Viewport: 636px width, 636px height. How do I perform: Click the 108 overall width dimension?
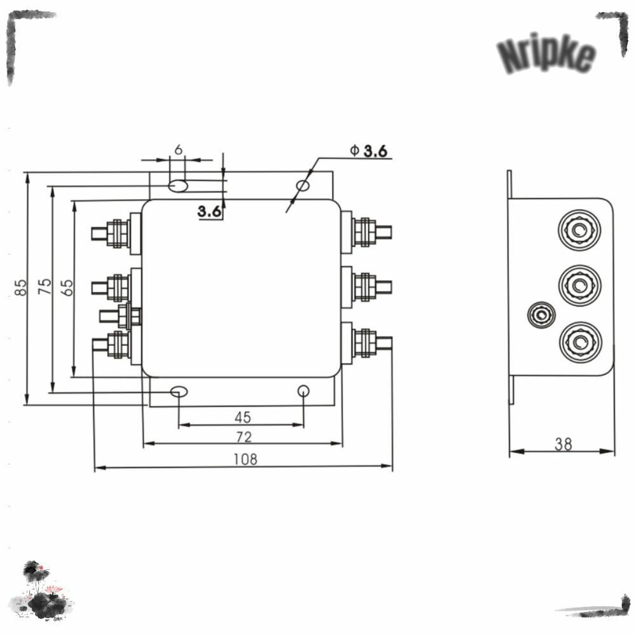tap(245, 459)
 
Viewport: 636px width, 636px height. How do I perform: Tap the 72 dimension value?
tap(244, 437)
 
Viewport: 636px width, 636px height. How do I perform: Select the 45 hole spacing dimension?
tap(242, 417)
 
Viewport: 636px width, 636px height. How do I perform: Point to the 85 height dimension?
tap(20, 287)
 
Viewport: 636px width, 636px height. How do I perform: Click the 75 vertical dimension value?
tap(45, 286)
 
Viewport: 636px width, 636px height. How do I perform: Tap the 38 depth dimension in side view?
tap(563, 445)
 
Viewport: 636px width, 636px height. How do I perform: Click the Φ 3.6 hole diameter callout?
tap(369, 151)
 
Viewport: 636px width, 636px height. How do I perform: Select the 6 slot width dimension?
tap(179, 149)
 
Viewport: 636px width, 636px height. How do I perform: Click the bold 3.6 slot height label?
tap(209, 211)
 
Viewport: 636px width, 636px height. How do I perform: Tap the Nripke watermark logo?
tap(546, 53)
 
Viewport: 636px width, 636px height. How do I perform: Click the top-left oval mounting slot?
tap(178, 186)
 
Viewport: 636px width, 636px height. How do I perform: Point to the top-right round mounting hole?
tap(303, 186)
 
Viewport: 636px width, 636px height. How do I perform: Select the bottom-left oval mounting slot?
tap(179, 392)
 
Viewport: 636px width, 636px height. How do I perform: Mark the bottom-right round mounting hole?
tap(303, 391)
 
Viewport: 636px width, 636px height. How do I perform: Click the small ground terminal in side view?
tap(541, 315)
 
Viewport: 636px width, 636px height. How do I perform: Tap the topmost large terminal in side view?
tap(579, 230)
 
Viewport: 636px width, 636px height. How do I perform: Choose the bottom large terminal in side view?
tap(581, 342)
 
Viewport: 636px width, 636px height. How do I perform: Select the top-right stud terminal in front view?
tap(366, 232)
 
